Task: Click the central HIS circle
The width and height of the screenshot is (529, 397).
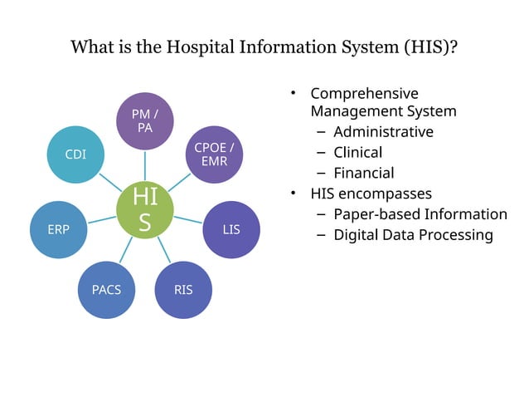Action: pyautogui.click(x=145, y=210)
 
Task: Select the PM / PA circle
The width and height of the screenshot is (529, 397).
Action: pyautogui.click(x=145, y=121)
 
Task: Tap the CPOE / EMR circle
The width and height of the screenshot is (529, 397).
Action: pyautogui.click(x=214, y=154)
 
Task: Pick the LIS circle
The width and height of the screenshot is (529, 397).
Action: pyautogui.click(x=231, y=229)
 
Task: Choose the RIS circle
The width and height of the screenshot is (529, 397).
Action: pyautogui.click(x=183, y=289)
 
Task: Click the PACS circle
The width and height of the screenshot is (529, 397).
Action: pyautogui.click(x=106, y=289)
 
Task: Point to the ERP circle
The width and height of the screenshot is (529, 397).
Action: pyautogui.click(x=58, y=229)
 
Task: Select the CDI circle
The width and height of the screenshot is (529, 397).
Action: pyautogui.click(x=75, y=154)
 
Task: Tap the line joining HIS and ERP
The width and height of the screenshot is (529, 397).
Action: pyautogui.click(x=101, y=220)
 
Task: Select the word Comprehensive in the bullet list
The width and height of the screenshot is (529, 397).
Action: pyautogui.click(x=364, y=93)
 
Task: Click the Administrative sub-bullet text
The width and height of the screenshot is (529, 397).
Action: pyautogui.click(x=383, y=132)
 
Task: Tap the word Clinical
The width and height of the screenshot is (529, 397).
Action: pyautogui.click(x=357, y=153)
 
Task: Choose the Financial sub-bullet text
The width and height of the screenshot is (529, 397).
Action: pyautogui.click(x=363, y=174)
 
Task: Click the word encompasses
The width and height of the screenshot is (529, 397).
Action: pyautogui.click(x=385, y=194)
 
